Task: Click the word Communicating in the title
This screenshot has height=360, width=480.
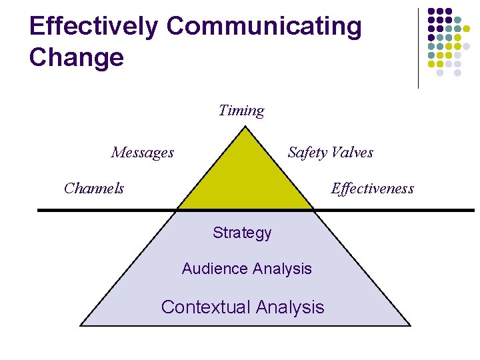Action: [264, 26]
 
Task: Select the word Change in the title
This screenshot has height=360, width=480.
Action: [77, 57]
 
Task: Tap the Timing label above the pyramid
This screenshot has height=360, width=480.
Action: [241, 111]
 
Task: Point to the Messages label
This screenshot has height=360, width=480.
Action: [143, 153]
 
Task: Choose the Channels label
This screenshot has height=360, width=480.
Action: [94, 188]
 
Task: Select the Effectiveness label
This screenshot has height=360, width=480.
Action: [372, 189]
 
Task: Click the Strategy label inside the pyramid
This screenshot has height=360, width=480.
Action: [242, 233]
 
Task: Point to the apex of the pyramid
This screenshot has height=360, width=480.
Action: [245, 128]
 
